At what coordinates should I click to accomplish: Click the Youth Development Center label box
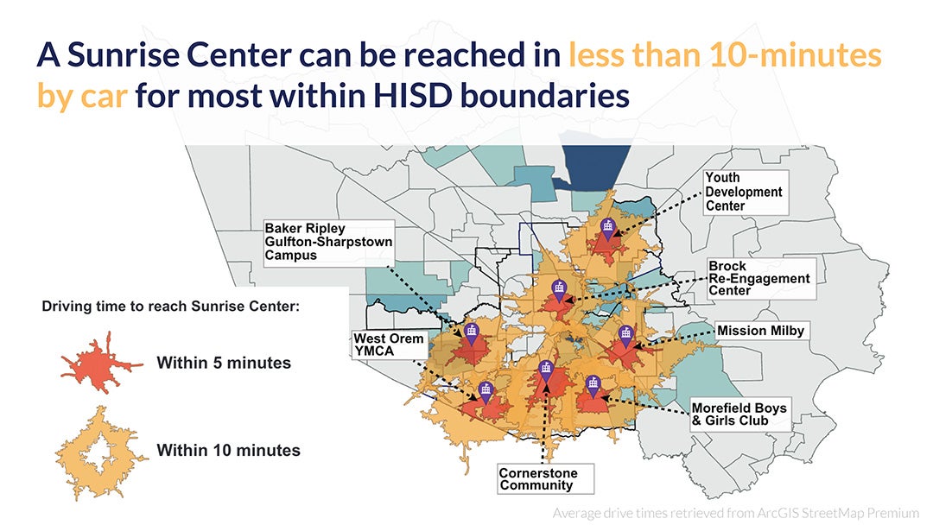tap(743, 192)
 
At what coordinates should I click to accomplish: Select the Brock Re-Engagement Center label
tap(758, 279)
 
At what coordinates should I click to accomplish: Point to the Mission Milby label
tap(760, 331)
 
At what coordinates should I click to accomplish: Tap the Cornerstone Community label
tap(537, 479)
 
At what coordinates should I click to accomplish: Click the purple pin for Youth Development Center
tap(608, 227)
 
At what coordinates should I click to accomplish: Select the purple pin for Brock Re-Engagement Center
tap(560, 289)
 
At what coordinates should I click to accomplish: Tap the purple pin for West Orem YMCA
tap(486, 390)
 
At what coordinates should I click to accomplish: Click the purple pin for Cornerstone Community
tap(545, 371)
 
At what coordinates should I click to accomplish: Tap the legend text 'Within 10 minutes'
tap(228, 450)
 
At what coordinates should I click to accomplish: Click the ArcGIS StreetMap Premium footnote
tap(739, 513)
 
